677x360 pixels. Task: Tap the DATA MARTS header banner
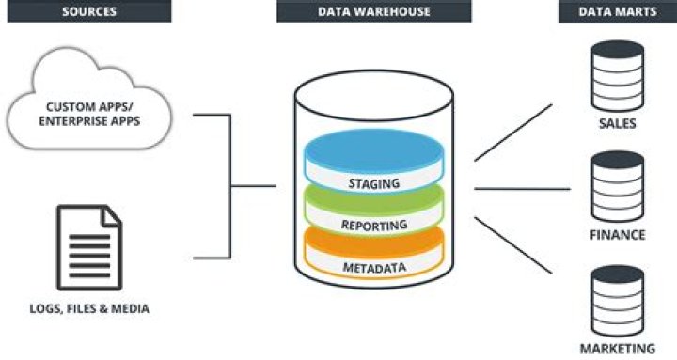[x=617, y=11]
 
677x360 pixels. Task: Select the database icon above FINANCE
[x=618, y=188]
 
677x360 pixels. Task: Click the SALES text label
[x=618, y=122]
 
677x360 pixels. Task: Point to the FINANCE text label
[x=618, y=235]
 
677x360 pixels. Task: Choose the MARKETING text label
[x=618, y=349]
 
